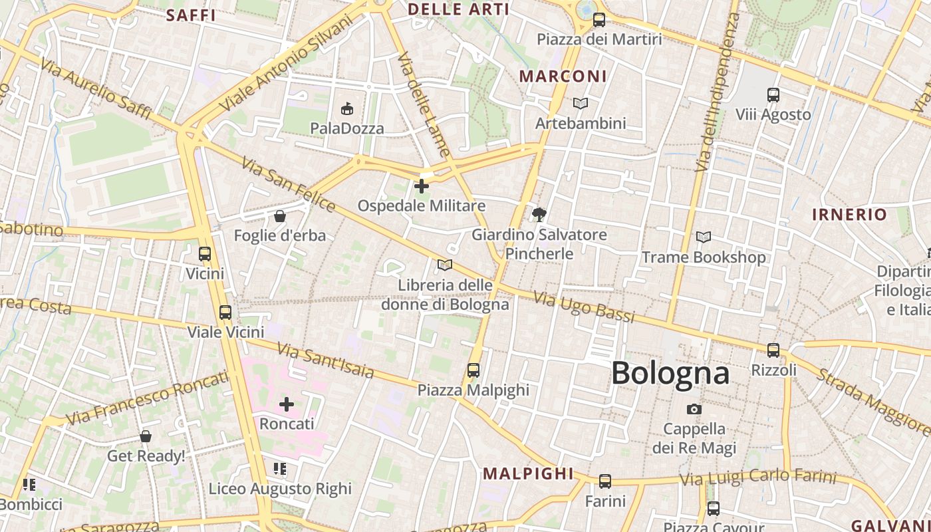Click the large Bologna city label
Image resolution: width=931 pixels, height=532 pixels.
click(x=670, y=373)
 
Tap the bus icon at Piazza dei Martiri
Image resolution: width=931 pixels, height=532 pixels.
click(x=599, y=20)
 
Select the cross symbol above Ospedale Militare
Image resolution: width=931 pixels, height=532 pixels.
click(x=422, y=186)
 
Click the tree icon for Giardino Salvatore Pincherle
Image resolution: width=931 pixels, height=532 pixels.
click(x=539, y=214)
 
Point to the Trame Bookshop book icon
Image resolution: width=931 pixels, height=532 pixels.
click(x=703, y=237)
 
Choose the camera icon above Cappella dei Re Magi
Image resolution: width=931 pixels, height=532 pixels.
click(x=694, y=409)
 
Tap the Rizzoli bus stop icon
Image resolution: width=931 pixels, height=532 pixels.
click(x=773, y=350)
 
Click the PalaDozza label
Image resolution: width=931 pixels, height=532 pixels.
click(x=347, y=128)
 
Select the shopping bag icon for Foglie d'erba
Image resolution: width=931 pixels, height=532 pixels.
click(x=280, y=216)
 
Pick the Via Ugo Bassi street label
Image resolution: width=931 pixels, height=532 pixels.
click(x=584, y=307)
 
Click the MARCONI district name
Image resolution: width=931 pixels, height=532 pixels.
click(x=563, y=76)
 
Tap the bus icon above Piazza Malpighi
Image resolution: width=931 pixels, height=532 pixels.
click(x=473, y=370)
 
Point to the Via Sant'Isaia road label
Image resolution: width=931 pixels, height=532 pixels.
click(x=325, y=360)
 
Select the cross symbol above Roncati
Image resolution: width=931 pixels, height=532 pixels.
click(x=287, y=404)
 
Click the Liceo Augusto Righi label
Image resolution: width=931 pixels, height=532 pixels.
click(x=280, y=489)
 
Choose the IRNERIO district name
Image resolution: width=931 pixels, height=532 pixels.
click(x=849, y=215)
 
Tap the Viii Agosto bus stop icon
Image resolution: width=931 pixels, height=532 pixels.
click(x=773, y=95)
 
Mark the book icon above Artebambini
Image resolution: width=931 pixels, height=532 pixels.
click(x=581, y=104)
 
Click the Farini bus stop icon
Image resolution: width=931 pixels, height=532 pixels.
click(x=605, y=481)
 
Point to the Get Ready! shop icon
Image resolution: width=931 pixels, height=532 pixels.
click(x=146, y=437)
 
